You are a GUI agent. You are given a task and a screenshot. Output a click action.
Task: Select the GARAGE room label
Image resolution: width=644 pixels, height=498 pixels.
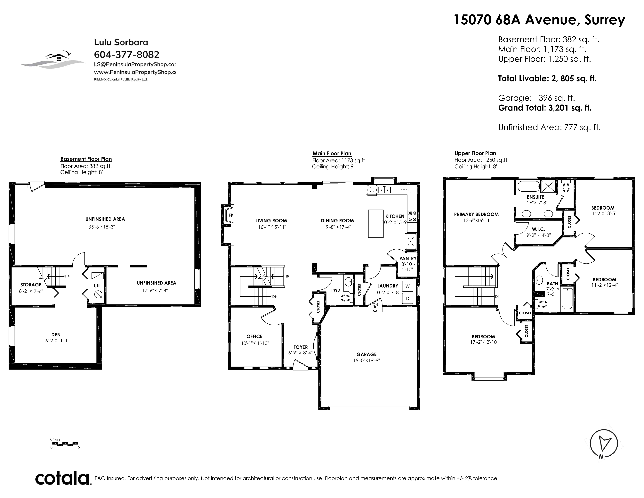pyautogui.click(x=366, y=354)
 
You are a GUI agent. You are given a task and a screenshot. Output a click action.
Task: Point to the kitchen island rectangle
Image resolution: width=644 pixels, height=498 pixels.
pyautogui.click(x=376, y=223)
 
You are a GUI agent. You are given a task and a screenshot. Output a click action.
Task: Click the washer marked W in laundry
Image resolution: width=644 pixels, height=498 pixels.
pyautogui.click(x=407, y=286)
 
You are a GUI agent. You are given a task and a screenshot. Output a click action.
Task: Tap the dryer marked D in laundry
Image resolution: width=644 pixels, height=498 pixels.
pyautogui.click(x=407, y=299)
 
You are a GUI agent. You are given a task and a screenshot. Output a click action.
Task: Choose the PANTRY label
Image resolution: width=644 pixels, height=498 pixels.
pyautogui.click(x=408, y=258)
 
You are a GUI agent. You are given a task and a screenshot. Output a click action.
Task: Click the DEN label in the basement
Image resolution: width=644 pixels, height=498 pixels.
pyautogui.click(x=56, y=335)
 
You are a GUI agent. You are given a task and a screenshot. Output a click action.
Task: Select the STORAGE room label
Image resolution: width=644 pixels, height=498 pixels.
pyautogui.click(x=31, y=285)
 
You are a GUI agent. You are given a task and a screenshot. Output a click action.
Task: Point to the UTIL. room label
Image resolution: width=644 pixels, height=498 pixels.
pyautogui.click(x=98, y=286)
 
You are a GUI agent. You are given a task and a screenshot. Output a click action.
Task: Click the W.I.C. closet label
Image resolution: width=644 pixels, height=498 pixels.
pyautogui.click(x=538, y=229)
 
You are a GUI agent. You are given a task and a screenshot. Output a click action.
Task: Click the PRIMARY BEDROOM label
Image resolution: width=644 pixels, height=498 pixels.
pyautogui.click(x=476, y=214)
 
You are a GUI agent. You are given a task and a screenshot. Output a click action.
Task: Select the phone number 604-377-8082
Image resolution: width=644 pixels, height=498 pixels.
pyautogui.click(x=126, y=54)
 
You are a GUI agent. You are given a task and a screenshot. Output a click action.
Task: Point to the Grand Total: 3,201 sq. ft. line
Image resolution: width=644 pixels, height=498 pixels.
pyautogui.click(x=545, y=108)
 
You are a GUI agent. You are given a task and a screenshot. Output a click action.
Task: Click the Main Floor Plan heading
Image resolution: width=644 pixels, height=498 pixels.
pyautogui.click(x=332, y=154)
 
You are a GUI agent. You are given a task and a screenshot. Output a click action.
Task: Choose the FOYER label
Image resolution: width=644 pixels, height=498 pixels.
pyautogui.click(x=301, y=347)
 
